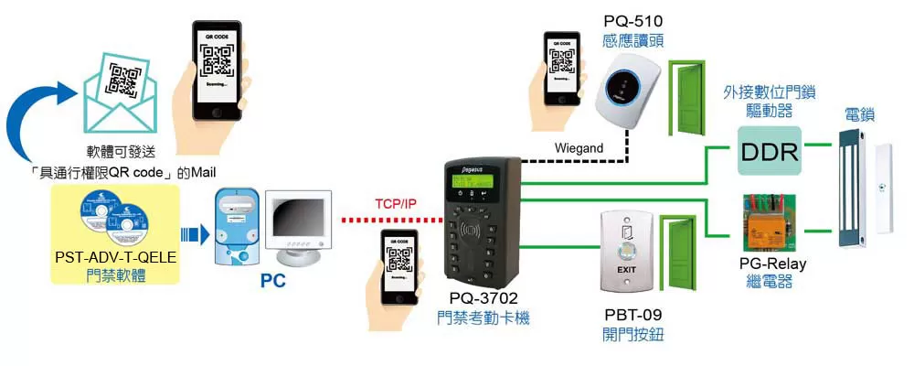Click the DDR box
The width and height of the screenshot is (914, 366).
click(769, 150)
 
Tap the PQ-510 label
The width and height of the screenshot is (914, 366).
click(632, 20)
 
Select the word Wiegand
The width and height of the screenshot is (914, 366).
click(579, 147)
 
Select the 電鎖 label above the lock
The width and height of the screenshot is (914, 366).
click(858, 116)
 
